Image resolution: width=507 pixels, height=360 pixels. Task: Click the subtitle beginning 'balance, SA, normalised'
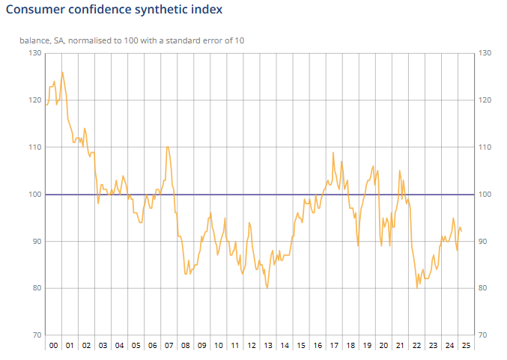[132, 40]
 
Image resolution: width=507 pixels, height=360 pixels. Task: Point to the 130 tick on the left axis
[34, 53]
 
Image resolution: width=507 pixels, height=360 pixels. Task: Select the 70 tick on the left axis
[34, 335]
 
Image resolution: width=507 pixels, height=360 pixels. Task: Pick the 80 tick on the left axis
[34, 288]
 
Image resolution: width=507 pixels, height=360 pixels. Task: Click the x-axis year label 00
[53, 346]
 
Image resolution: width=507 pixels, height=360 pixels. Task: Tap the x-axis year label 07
[169, 346]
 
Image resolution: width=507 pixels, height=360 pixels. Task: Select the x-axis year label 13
[267, 346]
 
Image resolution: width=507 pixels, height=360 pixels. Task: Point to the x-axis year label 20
[383, 346]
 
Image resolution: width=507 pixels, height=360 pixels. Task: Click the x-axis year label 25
[465, 346]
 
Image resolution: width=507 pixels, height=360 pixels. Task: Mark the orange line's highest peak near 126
[62, 73]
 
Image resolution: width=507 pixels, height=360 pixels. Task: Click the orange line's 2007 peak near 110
[167, 147]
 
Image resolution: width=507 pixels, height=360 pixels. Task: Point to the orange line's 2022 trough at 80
[417, 288]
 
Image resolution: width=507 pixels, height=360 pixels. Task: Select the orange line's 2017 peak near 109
[333, 153]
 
